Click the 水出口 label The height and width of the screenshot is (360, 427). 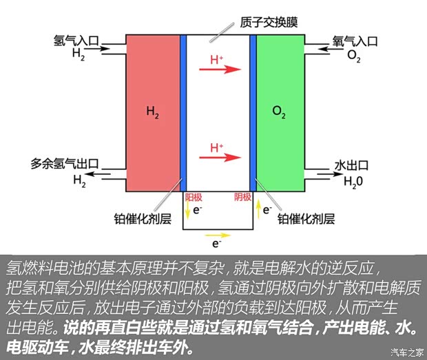(351, 165)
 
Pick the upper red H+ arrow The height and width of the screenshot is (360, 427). (225, 70)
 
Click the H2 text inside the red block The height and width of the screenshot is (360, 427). (152, 111)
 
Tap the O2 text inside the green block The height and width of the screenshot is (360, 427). (278, 112)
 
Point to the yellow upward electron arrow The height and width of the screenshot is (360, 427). (258, 209)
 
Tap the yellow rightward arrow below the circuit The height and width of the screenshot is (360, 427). (217, 234)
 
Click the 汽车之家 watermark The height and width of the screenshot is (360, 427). (406, 352)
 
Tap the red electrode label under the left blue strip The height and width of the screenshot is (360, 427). (194, 197)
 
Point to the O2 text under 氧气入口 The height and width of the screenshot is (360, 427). (354, 55)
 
